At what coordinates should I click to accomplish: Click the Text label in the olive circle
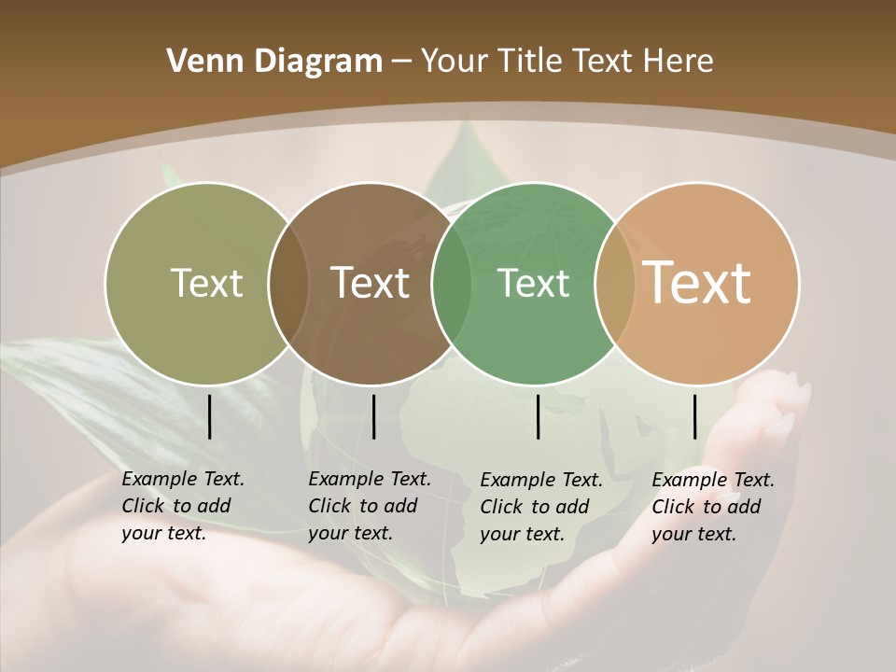[206, 283]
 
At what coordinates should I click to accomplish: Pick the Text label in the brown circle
[371, 283]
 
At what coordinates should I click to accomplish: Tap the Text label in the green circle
[533, 283]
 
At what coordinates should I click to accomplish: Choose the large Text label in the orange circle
[697, 282]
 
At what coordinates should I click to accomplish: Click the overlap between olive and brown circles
[288, 283]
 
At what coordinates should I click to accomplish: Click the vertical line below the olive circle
[210, 416]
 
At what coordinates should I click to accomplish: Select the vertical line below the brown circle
[373, 416]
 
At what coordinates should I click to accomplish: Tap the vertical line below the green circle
[539, 416]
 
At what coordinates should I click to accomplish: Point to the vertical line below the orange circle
[695, 416]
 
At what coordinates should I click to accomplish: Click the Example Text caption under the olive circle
[183, 506]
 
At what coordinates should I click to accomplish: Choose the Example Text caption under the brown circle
[370, 506]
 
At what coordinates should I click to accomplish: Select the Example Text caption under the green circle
[541, 507]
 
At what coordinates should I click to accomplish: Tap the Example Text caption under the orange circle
[713, 507]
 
